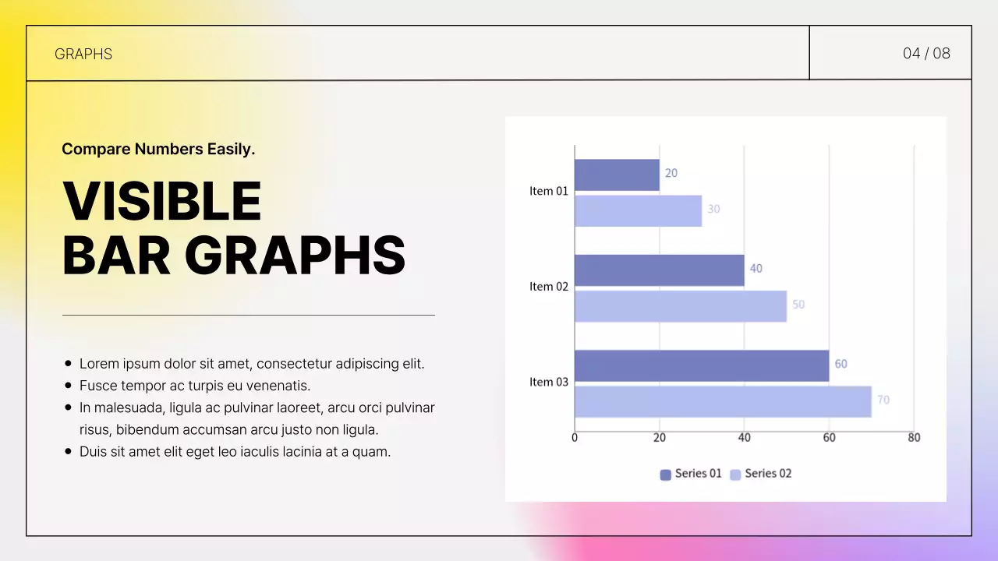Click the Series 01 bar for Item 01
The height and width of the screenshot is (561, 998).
pos(617,175)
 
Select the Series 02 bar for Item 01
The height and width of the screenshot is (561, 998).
pos(638,210)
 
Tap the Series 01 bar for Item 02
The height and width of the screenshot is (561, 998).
pos(659,270)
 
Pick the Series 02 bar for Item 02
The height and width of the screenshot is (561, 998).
pos(681,306)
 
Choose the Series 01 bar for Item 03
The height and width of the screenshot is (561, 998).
pos(702,365)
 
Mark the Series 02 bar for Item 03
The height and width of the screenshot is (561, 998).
pos(723,401)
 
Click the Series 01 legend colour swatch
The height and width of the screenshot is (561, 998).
pos(665,475)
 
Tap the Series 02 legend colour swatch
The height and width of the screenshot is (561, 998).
pos(735,475)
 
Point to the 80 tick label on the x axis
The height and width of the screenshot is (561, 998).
pos(914,438)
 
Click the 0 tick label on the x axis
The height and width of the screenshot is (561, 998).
pos(575,438)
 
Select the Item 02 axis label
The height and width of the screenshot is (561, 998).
pos(549,287)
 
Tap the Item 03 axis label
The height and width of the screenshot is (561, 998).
pos(549,382)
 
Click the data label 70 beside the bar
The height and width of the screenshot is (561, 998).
pos(883,400)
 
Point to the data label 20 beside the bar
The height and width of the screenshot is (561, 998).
pos(671,173)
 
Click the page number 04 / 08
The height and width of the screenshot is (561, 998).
pos(926,53)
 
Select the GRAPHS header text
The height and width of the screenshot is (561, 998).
pos(83,54)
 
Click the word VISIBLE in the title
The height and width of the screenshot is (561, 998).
pos(161,201)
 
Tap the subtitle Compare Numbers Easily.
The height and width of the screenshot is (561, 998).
pos(158,149)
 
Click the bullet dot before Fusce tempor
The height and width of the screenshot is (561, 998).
pos(69,386)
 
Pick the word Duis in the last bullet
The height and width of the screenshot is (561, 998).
pos(93,451)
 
